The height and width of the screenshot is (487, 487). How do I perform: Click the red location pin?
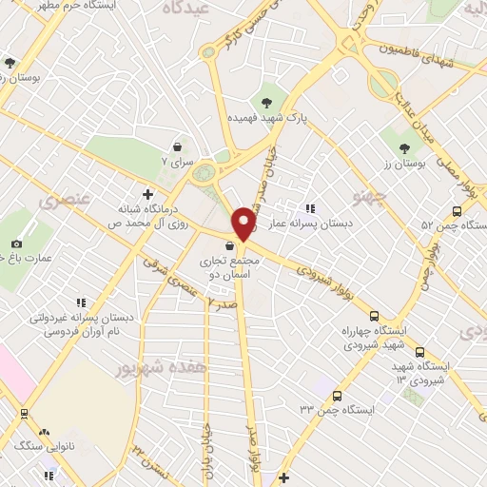[244, 223]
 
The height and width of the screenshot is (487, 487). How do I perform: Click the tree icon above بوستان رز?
[404, 147]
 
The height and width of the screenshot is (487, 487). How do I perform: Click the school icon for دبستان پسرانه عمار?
[309, 207]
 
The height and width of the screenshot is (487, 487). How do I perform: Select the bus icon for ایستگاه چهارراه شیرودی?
[373, 316]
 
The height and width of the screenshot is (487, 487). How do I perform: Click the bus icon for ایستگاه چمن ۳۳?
[337, 395]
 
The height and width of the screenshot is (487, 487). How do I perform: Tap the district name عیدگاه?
[185, 8]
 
